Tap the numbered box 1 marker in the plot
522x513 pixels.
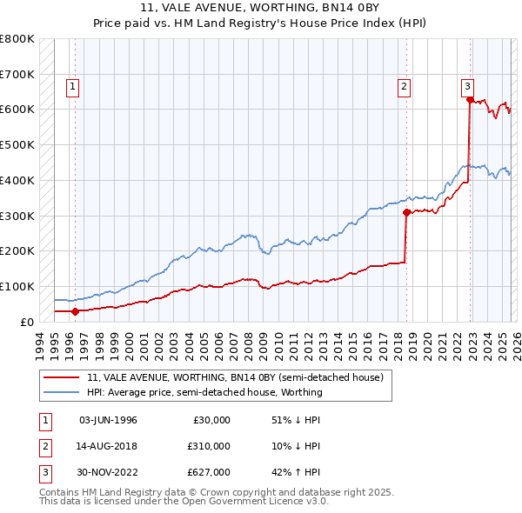pos(71,86)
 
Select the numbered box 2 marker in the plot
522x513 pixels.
pos(405,86)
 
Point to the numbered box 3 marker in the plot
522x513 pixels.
pos(467,86)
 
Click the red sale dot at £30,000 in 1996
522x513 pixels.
pos(76,310)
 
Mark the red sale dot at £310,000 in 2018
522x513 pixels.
pos(406,211)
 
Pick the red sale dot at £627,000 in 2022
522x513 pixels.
pos(470,100)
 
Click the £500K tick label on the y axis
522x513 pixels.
pos(17,144)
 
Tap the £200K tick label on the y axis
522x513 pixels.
pos(17,250)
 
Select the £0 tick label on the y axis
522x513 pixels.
pos(26,322)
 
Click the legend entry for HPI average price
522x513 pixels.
pos(204,392)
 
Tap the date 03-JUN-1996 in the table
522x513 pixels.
pos(108,420)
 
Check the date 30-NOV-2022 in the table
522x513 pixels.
pos(108,472)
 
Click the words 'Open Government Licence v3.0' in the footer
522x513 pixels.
pos(252,502)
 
